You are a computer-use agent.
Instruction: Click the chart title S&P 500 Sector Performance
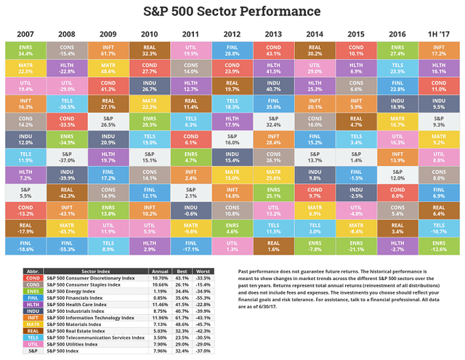click(232, 12)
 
